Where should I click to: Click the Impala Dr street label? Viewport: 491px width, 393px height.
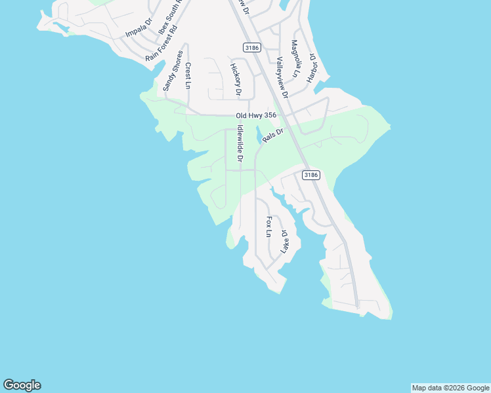pyautogui.click(x=139, y=28)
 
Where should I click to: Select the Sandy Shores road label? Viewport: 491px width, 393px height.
pyautogui.click(x=172, y=71)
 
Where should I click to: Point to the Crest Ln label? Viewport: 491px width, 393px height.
pyautogui.click(x=188, y=75)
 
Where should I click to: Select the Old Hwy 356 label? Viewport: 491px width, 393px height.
pyautogui.click(x=256, y=116)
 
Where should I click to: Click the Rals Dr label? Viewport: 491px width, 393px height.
pyautogui.click(x=272, y=135)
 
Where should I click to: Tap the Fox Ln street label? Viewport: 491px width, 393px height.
pyautogui.click(x=268, y=227)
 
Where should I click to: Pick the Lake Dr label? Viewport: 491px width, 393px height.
pyautogui.click(x=284, y=242)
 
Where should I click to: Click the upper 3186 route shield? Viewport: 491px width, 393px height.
pyautogui.click(x=251, y=47)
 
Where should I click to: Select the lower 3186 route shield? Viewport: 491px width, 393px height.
pyautogui.click(x=311, y=175)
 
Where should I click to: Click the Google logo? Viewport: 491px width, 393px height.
pyautogui.click(x=22, y=385)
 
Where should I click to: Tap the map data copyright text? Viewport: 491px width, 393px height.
pyautogui.click(x=450, y=388)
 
